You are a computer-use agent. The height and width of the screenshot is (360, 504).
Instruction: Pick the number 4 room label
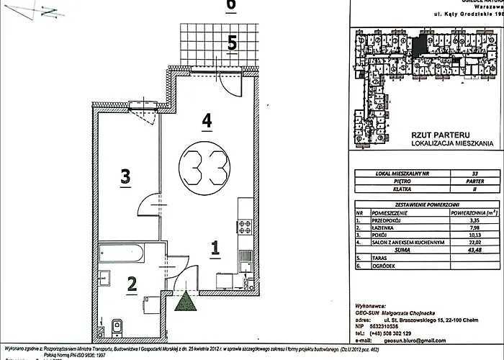click(x=207, y=122)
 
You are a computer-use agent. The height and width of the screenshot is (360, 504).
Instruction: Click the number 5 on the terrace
click(x=231, y=43)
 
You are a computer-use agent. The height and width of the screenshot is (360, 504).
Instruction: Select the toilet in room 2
click(x=117, y=325)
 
